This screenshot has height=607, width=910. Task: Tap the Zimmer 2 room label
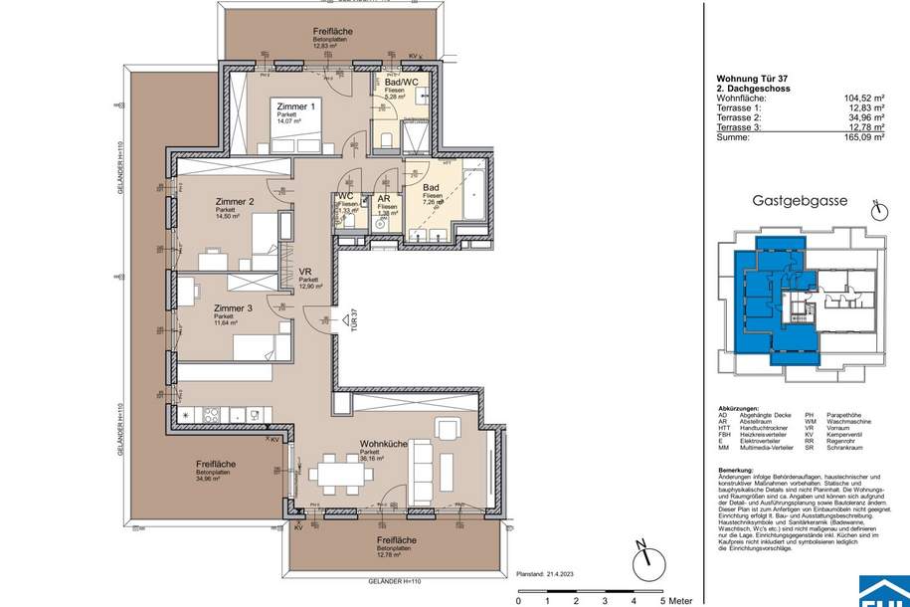click(236, 201)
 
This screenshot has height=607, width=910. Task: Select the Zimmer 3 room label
click(233, 308)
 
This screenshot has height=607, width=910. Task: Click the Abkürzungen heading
click(742, 409)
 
